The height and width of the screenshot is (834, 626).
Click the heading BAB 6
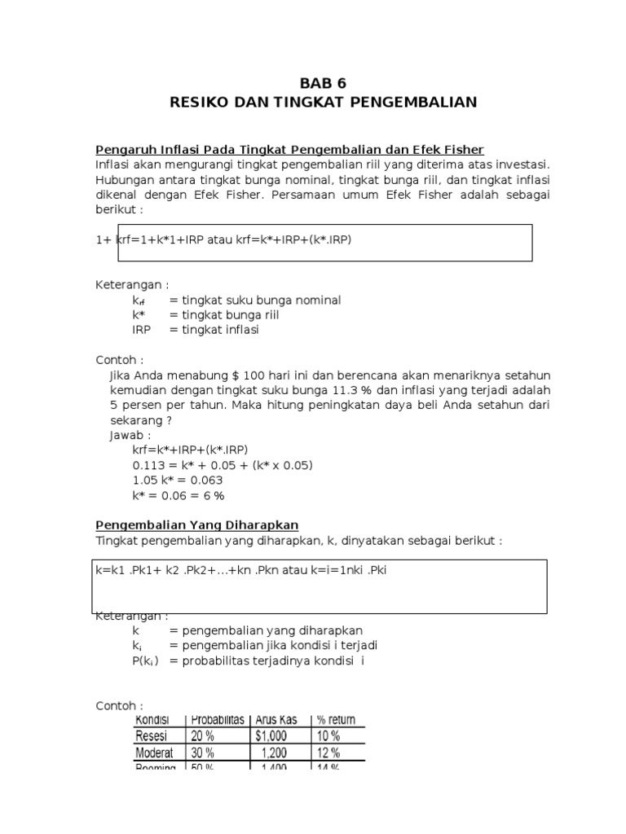pyautogui.click(x=324, y=83)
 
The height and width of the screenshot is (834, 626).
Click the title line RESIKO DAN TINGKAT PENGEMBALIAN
pyautogui.click(x=324, y=103)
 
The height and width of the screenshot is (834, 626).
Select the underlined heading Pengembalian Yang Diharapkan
pyautogui.click(x=197, y=525)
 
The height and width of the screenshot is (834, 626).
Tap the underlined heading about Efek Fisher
pyautogui.click(x=290, y=149)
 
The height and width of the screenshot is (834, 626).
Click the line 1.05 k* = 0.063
pyautogui.click(x=178, y=480)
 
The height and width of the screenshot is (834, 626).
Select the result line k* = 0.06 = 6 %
pyautogui.click(x=179, y=495)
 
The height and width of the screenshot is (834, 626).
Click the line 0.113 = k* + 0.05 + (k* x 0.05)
pyautogui.click(x=223, y=465)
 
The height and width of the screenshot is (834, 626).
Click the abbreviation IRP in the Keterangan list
pyautogui.click(x=142, y=330)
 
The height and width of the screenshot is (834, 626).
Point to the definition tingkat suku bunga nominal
pyautogui.click(x=255, y=301)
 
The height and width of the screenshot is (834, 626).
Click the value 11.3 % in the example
pyautogui.click(x=360, y=390)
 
